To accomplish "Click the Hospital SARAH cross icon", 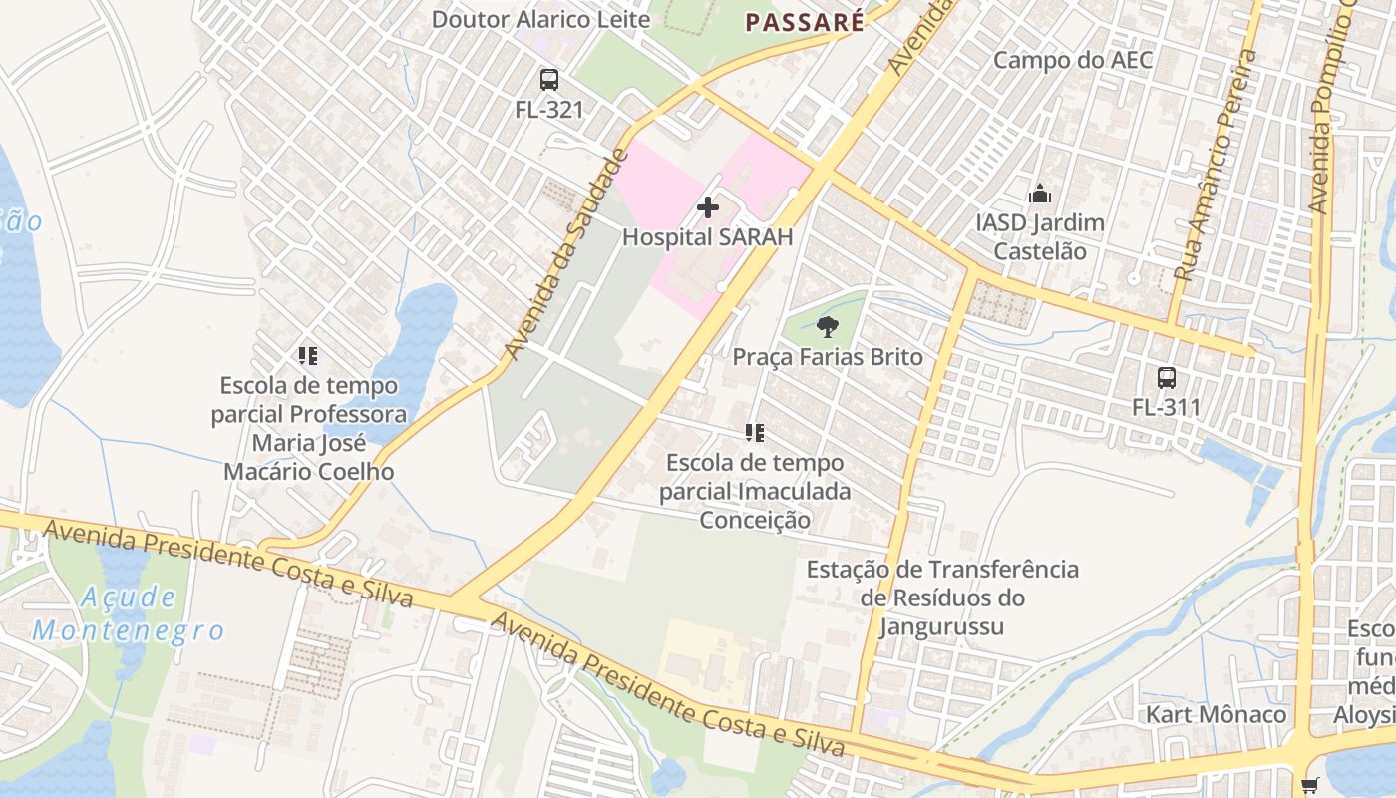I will coord(708,207).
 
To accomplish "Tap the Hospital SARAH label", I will coord(708,237).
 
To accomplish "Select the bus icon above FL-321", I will coord(548,80).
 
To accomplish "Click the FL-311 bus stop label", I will coord(1166,407).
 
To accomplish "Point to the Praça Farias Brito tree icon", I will coord(827,326).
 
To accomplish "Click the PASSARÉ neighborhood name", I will coord(805,22).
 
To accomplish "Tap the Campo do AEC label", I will coord(1072,60).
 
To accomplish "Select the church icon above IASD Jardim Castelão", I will coord(1040,193).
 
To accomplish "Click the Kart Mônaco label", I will coord(1215,714).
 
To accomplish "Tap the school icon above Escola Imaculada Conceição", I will coord(755,433).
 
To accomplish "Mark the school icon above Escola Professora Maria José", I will coord(308,355).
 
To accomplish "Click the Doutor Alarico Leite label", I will coord(540,19).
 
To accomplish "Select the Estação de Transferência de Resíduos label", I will coord(942,598).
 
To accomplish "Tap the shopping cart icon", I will coord(1309,785).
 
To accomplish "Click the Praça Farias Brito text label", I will coord(828,357).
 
